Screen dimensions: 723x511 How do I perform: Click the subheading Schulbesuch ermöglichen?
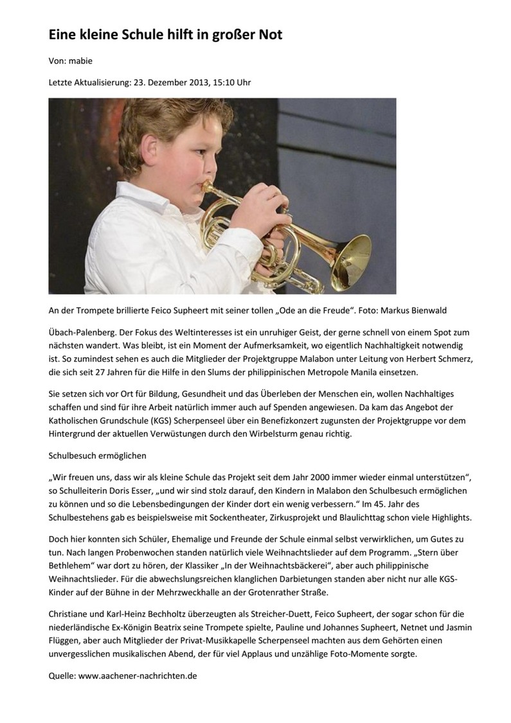point(98,456)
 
